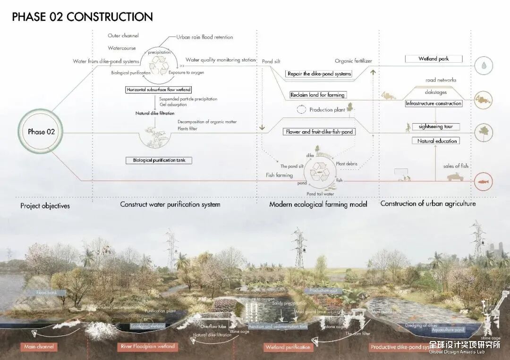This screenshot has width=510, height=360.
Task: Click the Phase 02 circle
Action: point(41,132)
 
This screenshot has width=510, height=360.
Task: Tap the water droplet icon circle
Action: point(484,66)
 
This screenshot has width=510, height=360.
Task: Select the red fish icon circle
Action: point(484,181)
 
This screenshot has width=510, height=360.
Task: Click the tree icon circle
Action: point(484,130)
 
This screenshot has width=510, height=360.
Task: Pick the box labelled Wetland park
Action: point(433,59)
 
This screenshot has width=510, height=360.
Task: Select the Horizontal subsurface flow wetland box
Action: point(159,90)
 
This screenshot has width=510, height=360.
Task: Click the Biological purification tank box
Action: point(159,160)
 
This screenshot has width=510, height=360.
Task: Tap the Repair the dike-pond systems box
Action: point(319,74)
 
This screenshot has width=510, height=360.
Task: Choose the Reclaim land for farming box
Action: point(317,95)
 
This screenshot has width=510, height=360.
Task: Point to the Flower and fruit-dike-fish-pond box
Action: point(319,132)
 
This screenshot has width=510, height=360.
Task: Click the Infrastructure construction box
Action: point(433,103)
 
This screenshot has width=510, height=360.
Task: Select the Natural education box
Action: point(437,141)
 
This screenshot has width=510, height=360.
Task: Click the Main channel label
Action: point(39,347)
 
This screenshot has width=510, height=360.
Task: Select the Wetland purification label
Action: point(288,347)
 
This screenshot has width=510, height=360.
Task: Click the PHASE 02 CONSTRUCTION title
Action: point(82,17)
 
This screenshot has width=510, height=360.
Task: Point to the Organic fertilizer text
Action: point(353,61)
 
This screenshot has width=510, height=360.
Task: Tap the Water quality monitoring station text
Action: point(221,60)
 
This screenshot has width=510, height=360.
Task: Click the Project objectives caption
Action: point(45,206)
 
